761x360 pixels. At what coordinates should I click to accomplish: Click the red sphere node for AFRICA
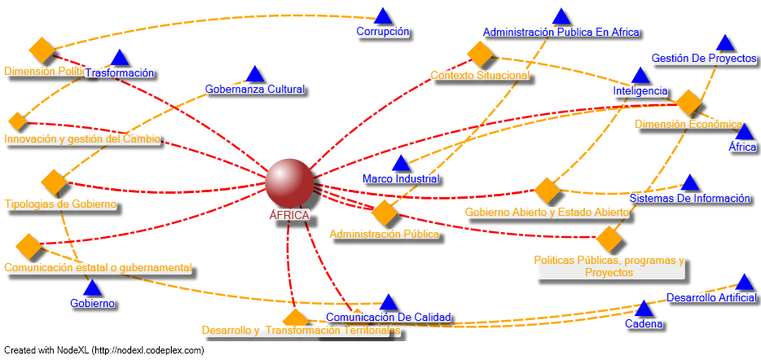coord(289,182)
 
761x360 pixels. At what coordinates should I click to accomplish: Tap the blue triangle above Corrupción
coord(383,16)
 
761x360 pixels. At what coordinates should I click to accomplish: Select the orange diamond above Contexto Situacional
coord(482,54)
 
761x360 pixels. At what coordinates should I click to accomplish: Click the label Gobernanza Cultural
coord(254,89)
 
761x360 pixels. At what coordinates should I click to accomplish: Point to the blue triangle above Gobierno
coord(92,288)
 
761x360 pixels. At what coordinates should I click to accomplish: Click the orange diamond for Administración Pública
coord(385,213)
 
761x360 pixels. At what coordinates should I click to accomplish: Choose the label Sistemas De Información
coord(689,198)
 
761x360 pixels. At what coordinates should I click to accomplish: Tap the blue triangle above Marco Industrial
coord(401,165)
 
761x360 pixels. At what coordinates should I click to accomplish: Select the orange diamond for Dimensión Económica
coord(689,103)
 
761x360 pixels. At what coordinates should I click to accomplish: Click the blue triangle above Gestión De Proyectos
coord(724,43)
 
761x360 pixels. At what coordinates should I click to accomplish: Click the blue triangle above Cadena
coord(644,310)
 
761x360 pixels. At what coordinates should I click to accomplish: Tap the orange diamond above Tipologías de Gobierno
coord(54,182)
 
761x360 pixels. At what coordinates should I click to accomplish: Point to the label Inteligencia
coord(640,91)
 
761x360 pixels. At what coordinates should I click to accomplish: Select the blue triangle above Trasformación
coord(120,58)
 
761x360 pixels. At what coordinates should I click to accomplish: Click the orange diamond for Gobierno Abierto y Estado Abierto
coord(548,191)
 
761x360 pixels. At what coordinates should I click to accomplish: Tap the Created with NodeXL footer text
coord(104,351)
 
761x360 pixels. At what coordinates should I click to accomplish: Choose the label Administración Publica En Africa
coord(561,33)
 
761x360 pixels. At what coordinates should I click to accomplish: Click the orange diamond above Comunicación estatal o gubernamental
coord(28,244)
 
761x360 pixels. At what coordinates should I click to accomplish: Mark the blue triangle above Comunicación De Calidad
coord(389,303)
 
